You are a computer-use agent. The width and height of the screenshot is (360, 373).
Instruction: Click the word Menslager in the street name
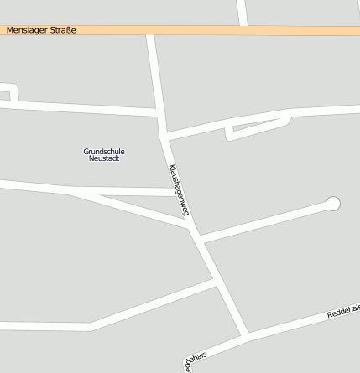pos(25,30)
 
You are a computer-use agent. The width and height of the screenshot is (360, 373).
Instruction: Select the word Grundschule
pos(104,151)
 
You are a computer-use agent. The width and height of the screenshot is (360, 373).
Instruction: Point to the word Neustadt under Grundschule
pos(104,158)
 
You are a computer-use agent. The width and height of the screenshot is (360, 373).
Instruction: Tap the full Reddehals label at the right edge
pos(342,312)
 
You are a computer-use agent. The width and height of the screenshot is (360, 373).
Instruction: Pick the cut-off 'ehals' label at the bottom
pos(194,359)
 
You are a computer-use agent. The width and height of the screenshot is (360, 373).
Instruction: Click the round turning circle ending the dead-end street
pos(333,203)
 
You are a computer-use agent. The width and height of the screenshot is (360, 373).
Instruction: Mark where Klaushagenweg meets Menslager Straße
pos(150,31)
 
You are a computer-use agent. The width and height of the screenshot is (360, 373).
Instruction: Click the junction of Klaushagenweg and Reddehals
pos(247,335)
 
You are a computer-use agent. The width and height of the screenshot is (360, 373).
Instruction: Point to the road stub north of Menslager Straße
pos(242,12)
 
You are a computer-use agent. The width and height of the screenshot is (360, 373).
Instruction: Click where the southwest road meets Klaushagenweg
pos(217,282)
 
